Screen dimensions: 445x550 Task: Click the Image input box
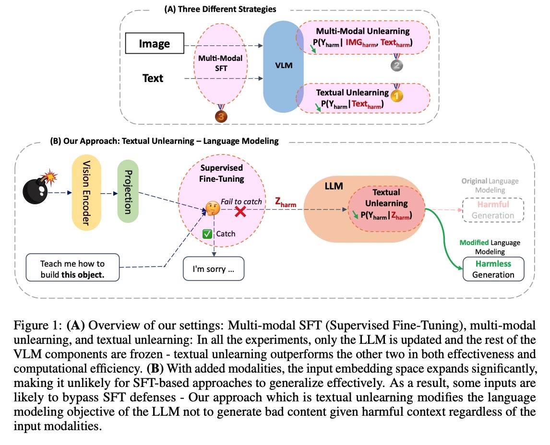[x=155, y=44]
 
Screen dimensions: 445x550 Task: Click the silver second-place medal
[x=396, y=65]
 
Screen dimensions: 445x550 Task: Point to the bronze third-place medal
[x=221, y=116]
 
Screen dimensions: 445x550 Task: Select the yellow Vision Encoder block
[x=86, y=193]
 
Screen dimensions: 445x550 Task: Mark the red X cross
[x=240, y=212]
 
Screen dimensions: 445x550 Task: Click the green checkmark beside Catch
[x=207, y=234]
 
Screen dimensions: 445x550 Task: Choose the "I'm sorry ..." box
[x=214, y=269]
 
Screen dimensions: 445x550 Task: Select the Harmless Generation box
[x=493, y=269]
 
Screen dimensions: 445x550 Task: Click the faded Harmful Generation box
[x=493, y=210]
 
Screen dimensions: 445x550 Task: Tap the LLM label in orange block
[x=334, y=185]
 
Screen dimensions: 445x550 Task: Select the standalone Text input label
[x=153, y=78]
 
